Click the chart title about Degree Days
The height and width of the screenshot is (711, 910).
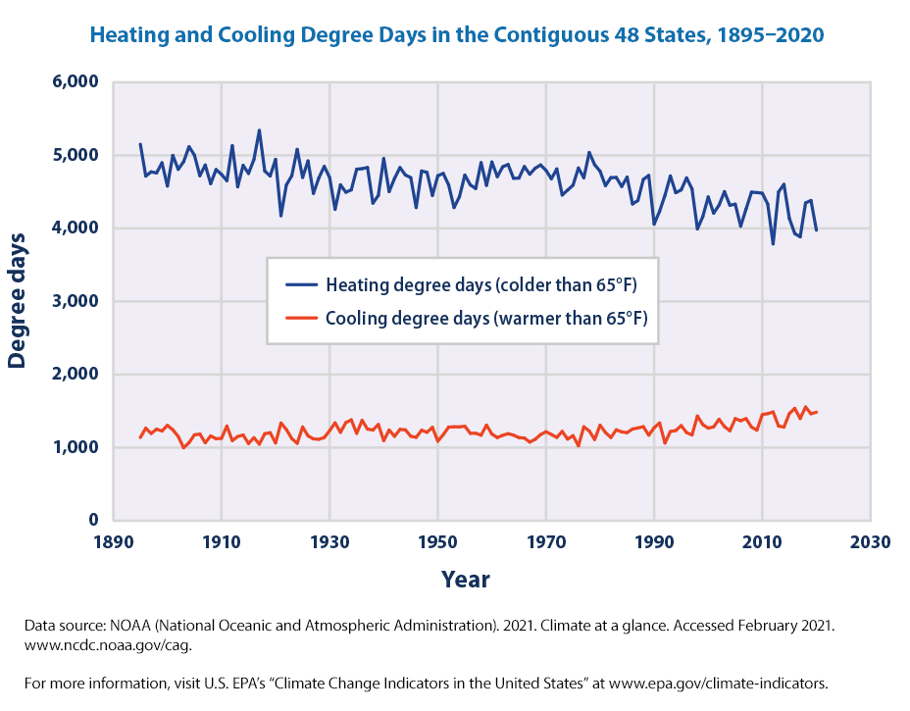click(x=456, y=34)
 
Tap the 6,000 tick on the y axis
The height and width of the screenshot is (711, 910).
click(x=74, y=82)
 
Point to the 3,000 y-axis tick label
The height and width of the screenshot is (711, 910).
click(x=74, y=301)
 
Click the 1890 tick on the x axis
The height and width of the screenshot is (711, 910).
click(x=114, y=541)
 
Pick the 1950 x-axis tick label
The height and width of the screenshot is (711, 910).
click(x=438, y=541)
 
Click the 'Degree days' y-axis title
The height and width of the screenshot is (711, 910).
click(x=17, y=300)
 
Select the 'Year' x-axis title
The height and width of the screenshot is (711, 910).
click(x=465, y=579)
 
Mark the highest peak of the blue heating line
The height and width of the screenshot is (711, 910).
click(x=259, y=130)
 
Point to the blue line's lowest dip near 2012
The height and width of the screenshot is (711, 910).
click(x=773, y=243)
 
